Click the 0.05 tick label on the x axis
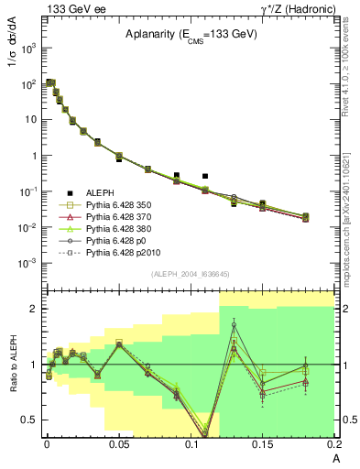click(118, 444)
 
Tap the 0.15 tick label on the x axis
click(262, 444)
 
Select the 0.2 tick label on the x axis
click(333, 444)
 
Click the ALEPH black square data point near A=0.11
click(205, 176)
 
